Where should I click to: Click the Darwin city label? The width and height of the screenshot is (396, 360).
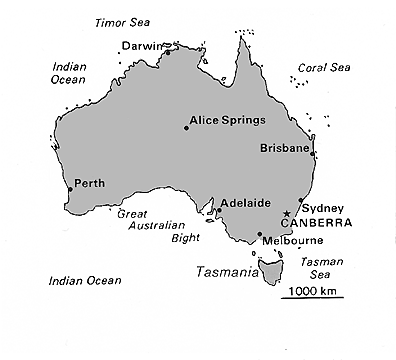point(140,45)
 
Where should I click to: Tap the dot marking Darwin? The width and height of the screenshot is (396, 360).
point(168,52)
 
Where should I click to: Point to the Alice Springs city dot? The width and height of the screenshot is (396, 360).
point(187,127)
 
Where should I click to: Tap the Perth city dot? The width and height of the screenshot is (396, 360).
point(69,188)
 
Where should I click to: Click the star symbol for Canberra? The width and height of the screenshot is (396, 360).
point(287,214)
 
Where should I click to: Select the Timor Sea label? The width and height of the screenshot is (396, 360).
point(117,22)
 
